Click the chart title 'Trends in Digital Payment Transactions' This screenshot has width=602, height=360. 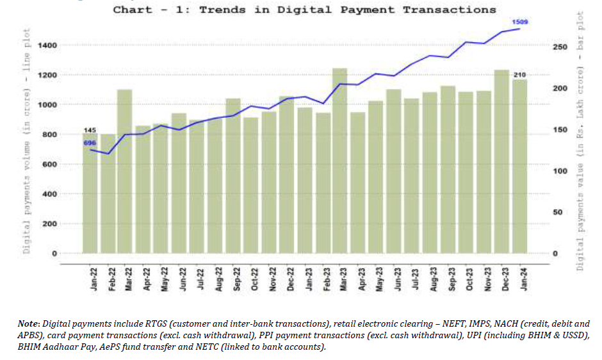coord(304,10)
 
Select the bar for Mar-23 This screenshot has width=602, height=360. coord(339,160)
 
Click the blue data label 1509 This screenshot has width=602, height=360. coord(519,22)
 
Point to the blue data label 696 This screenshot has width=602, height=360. coord(90,142)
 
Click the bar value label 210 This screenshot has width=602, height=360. coord(519,75)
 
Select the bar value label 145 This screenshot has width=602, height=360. coord(90,131)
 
